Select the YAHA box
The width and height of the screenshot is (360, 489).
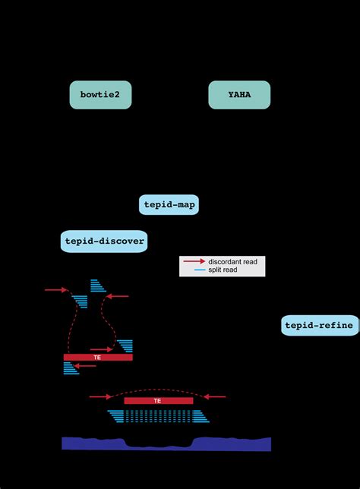(x=239, y=95)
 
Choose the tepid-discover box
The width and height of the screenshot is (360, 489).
(x=103, y=241)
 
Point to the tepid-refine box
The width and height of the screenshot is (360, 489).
(x=319, y=326)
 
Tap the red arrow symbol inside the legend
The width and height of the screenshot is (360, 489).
(x=194, y=261)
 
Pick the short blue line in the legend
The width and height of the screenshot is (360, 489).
(x=201, y=270)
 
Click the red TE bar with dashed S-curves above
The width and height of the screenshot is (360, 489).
(x=98, y=357)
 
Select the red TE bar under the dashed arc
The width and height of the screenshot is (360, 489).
(x=157, y=400)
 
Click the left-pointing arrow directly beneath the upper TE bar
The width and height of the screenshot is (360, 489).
(x=86, y=366)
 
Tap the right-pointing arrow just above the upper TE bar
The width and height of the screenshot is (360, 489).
(x=101, y=350)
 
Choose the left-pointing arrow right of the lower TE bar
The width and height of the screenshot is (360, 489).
(x=215, y=396)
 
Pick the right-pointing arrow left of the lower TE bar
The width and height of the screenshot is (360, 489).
(x=99, y=396)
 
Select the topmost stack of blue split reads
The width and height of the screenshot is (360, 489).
(x=98, y=286)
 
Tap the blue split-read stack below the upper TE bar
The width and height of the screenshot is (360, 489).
(x=71, y=368)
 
